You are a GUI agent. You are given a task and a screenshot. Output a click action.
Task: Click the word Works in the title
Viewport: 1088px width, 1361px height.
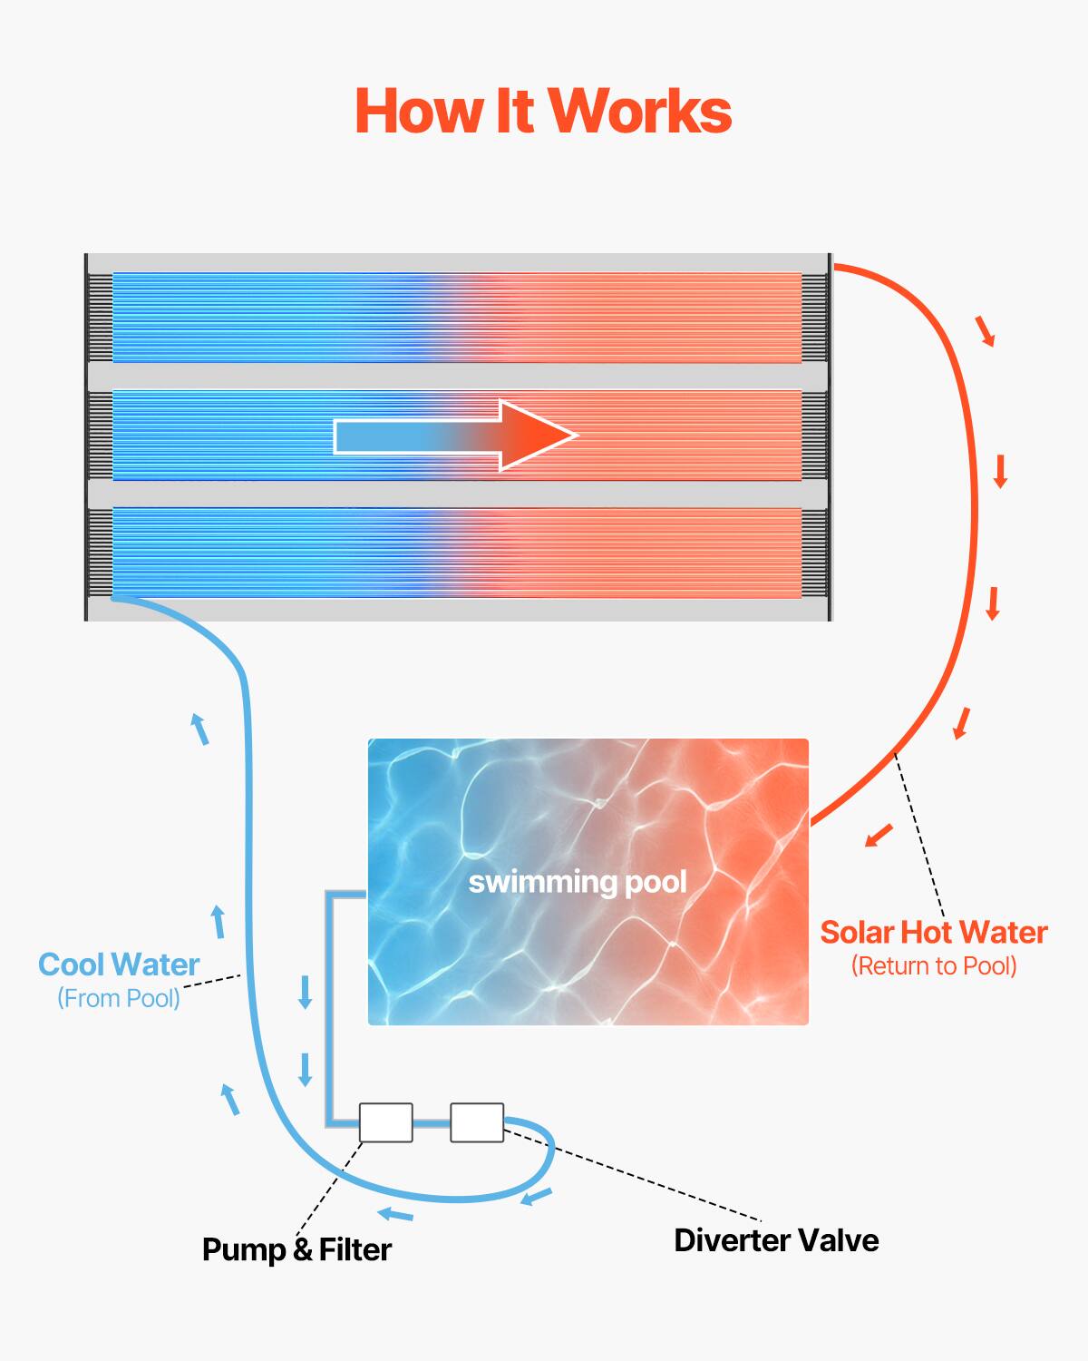pyautogui.click(x=640, y=112)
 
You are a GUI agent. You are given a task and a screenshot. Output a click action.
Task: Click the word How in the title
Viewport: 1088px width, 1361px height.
pyautogui.click(x=417, y=112)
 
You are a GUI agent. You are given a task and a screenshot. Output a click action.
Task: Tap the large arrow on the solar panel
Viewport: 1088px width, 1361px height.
pyautogui.click(x=455, y=436)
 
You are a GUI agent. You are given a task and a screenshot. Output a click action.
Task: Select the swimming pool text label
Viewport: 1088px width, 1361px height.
pyautogui.click(x=578, y=882)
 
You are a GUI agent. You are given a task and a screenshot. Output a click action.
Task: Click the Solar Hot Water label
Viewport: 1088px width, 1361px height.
pyautogui.click(x=934, y=933)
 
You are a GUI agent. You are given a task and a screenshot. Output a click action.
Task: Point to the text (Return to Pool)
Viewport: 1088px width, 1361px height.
pyautogui.click(x=934, y=966)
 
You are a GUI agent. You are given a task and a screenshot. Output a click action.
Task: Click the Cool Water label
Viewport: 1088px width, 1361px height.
pyautogui.click(x=119, y=964)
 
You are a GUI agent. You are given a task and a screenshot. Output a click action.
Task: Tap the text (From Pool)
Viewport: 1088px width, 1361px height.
pyautogui.click(x=119, y=998)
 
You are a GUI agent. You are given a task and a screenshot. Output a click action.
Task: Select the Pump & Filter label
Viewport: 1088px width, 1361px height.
pyautogui.click(x=296, y=1249)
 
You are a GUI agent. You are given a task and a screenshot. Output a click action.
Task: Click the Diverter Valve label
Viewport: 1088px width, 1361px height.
pyautogui.click(x=776, y=1240)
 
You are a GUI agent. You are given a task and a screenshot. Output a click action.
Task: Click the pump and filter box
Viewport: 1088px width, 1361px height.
pyautogui.click(x=386, y=1122)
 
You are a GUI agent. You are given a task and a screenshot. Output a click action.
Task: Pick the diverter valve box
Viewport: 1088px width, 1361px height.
pyautogui.click(x=477, y=1122)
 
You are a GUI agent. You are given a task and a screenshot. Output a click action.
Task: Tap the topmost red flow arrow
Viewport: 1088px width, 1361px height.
pyautogui.click(x=986, y=331)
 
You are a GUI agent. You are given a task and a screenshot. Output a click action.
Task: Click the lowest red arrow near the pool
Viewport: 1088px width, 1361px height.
pyautogui.click(x=879, y=835)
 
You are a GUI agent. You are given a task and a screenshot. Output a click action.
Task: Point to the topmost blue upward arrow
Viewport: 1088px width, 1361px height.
pyautogui.click(x=199, y=729)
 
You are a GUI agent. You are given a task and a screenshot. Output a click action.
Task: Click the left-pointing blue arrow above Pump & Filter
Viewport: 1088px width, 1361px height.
pyautogui.click(x=395, y=1214)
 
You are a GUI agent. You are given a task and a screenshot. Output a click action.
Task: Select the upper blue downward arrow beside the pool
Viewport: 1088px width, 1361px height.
pyautogui.click(x=306, y=992)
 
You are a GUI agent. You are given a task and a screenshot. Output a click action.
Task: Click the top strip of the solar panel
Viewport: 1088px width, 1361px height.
pyautogui.click(x=457, y=318)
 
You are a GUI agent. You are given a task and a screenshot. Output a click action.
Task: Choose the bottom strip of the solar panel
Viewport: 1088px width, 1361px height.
pyautogui.click(x=457, y=553)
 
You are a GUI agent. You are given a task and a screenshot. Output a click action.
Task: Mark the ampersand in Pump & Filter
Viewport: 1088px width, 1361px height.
pyautogui.click(x=303, y=1250)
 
